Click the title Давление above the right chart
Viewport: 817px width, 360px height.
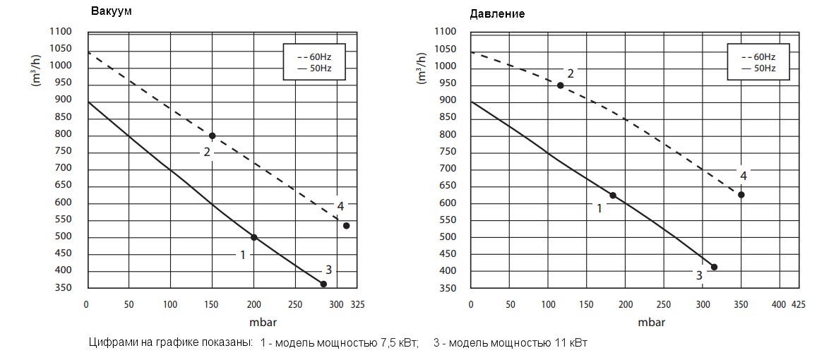(497, 13)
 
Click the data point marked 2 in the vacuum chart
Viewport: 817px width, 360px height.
(212, 136)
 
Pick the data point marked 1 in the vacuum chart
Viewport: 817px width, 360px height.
(254, 237)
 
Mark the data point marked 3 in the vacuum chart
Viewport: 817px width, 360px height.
(323, 284)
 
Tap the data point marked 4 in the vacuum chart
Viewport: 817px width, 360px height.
(346, 226)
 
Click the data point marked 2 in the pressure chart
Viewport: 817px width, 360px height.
(560, 85)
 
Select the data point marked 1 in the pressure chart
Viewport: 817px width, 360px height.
(612, 196)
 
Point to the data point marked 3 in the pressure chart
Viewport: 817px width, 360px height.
(714, 267)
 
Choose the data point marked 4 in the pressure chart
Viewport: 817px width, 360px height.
(741, 195)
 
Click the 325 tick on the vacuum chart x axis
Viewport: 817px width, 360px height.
(358, 305)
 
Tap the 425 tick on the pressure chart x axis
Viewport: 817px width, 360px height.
(798, 304)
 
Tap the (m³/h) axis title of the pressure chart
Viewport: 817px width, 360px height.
(422, 71)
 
